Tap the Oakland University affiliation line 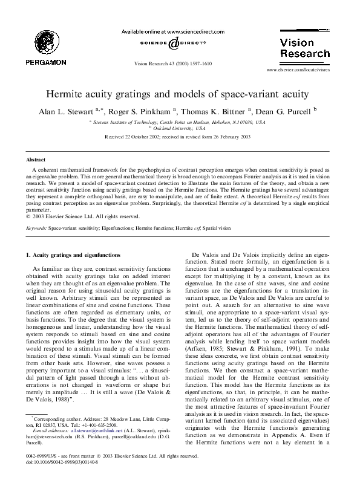pos(179,129)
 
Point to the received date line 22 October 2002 pos(179,138)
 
